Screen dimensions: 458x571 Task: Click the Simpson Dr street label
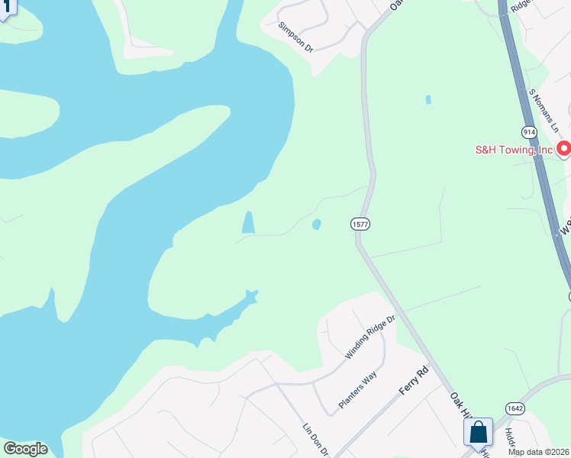(296, 36)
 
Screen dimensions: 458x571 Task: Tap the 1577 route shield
(360, 224)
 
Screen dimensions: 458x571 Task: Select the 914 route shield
(529, 132)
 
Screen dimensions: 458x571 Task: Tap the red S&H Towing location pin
(564, 148)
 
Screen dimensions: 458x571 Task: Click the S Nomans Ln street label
(544, 109)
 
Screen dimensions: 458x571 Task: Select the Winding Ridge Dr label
(369, 337)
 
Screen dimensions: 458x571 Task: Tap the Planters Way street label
(358, 391)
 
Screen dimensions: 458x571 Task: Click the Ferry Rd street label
(415, 381)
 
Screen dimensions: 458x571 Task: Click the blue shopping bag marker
(478, 433)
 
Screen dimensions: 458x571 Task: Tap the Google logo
(25, 449)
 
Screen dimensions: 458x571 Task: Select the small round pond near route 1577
(316, 224)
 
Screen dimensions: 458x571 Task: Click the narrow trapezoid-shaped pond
(248, 223)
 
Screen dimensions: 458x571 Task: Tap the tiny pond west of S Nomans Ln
(427, 99)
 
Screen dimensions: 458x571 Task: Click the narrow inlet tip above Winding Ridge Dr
(253, 294)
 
